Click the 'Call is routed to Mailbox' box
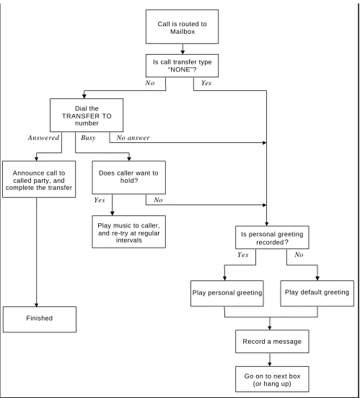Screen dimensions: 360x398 click(182, 27)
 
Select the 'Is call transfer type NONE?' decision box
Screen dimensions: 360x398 click(182, 66)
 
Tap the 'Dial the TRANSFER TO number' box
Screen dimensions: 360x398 click(87, 116)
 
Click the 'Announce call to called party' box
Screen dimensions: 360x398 click(39, 179)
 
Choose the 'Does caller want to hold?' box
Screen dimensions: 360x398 click(129, 178)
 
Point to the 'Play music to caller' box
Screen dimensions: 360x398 click(129, 232)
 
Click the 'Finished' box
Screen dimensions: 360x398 click(40, 319)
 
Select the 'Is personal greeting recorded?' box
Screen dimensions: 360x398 click(272, 238)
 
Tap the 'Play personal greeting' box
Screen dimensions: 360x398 click(227, 293)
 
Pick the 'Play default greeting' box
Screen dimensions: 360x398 click(317, 293)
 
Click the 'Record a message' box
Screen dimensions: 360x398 click(272, 342)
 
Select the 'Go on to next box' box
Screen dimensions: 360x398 click(272, 379)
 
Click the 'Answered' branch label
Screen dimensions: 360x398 click(43, 138)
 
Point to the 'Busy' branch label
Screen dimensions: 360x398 click(88, 138)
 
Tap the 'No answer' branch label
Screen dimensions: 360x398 click(133, 138)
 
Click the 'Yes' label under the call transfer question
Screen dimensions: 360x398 click(206, 83)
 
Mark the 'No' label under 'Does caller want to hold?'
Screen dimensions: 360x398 click(158, 200)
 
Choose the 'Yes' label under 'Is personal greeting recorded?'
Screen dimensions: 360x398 click(243, 254)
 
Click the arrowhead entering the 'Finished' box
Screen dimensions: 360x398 click(36, 305)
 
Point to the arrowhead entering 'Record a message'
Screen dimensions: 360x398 click(270, 328)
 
